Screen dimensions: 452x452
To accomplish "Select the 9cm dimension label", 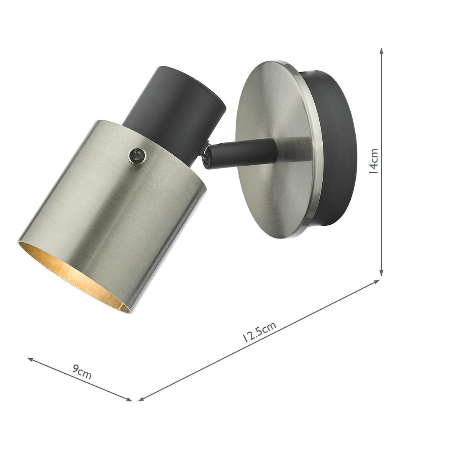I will point(82,372).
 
